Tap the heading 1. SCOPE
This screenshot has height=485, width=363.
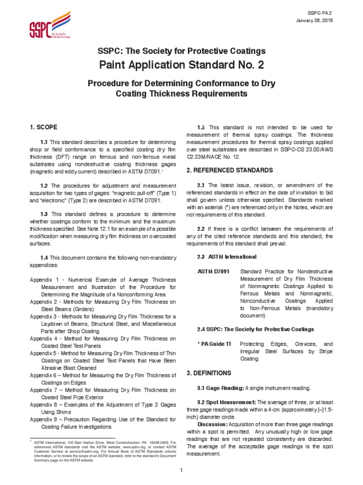point(43,127)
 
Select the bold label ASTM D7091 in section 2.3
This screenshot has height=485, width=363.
point(213,271)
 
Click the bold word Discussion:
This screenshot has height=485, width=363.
point(212,424)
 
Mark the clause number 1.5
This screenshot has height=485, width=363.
point(200,127)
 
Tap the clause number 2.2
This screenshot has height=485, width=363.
point(200,229)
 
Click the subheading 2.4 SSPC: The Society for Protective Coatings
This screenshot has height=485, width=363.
point(255,329)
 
